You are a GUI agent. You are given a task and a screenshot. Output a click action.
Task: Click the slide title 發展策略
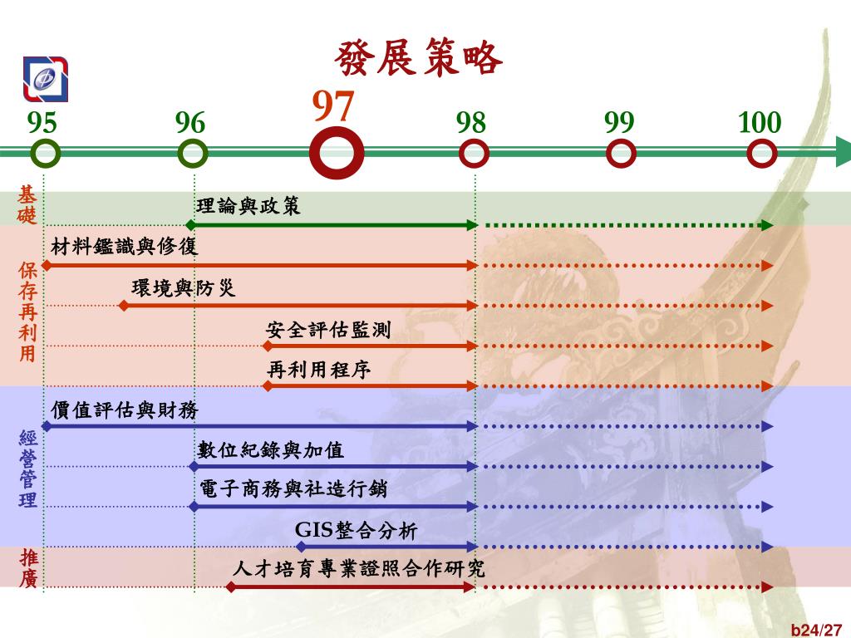pos(419,58)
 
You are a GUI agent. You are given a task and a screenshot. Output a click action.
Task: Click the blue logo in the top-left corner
pos(46,79)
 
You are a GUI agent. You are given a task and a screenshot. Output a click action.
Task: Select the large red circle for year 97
pos(337,154)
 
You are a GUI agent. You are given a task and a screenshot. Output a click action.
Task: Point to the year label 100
pos(760,123)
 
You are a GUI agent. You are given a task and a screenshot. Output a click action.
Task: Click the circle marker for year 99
pos(621,154)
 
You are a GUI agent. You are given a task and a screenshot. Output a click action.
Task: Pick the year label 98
pos(470,123)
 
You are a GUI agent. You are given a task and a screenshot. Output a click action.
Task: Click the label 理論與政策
pos(248,206)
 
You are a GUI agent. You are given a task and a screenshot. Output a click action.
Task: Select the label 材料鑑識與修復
pos(125,247)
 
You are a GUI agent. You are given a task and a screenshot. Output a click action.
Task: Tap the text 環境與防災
pos(184,288)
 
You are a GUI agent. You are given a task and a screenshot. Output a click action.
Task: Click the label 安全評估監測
pos(328,330)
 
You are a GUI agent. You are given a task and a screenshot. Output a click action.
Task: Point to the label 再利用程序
pos(318,370)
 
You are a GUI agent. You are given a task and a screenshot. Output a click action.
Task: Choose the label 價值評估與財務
pos(125,410)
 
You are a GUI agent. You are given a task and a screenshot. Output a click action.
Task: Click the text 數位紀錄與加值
pos(271,450)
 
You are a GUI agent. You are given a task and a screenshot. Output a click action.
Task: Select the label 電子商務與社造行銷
pos(293,490)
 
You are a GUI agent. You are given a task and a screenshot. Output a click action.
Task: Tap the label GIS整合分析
pos(356,530)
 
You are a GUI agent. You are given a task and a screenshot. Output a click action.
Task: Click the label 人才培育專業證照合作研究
pos(359,569)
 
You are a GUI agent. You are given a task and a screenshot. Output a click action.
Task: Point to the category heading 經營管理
pos(28,469)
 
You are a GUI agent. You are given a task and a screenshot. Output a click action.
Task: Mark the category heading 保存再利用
pos(28,312)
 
